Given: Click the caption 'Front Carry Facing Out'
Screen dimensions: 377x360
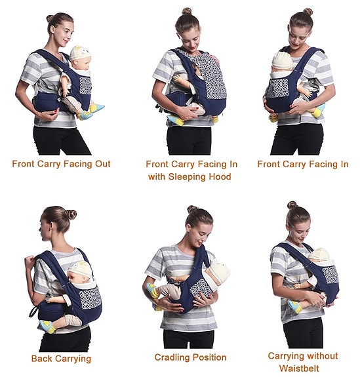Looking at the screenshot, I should [x=61, y=164].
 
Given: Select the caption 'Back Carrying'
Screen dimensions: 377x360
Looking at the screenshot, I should [x=61, y=359].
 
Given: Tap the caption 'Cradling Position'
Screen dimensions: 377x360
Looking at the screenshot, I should [x=190, y=357].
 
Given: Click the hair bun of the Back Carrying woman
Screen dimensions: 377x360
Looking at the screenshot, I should [x=70, y=214].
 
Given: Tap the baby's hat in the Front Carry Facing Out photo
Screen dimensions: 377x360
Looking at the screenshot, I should [x=79, y=53].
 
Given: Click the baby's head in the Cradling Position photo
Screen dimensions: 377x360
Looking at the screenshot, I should [x=218, y=272].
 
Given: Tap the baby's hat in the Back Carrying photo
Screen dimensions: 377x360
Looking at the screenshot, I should [x=80, y=269].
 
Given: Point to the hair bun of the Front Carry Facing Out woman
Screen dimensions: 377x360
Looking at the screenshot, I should [x=50, y=18].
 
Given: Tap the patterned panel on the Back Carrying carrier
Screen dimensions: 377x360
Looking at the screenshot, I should [x=89, y=299].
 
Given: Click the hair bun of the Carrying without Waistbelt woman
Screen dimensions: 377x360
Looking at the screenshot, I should [x=292, y=205].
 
